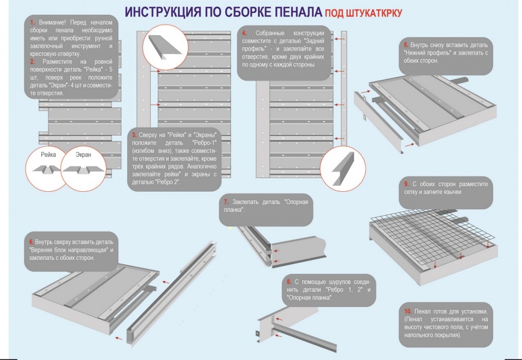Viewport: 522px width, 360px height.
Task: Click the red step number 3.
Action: [134, 135]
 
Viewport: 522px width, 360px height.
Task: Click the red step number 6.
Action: [31, 241]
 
